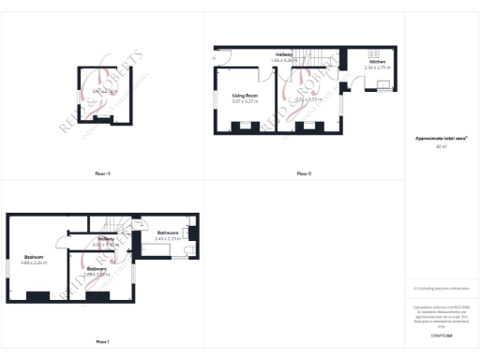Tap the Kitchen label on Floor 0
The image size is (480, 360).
click(x=377, y=62)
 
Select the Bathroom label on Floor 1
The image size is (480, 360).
click(x=168, y=232)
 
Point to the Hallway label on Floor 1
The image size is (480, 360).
click(x=106, y=239)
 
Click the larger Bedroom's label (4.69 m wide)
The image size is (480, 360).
click(x=34, y=257)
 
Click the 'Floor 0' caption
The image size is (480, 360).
click(x=304, y=173)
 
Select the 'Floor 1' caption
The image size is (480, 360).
click(x=101, y=341)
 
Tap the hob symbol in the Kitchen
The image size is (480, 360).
click(x=372, y=52)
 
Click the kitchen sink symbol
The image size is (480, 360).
click(x=383, y=84)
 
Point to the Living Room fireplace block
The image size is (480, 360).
click(x=243, y=126)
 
